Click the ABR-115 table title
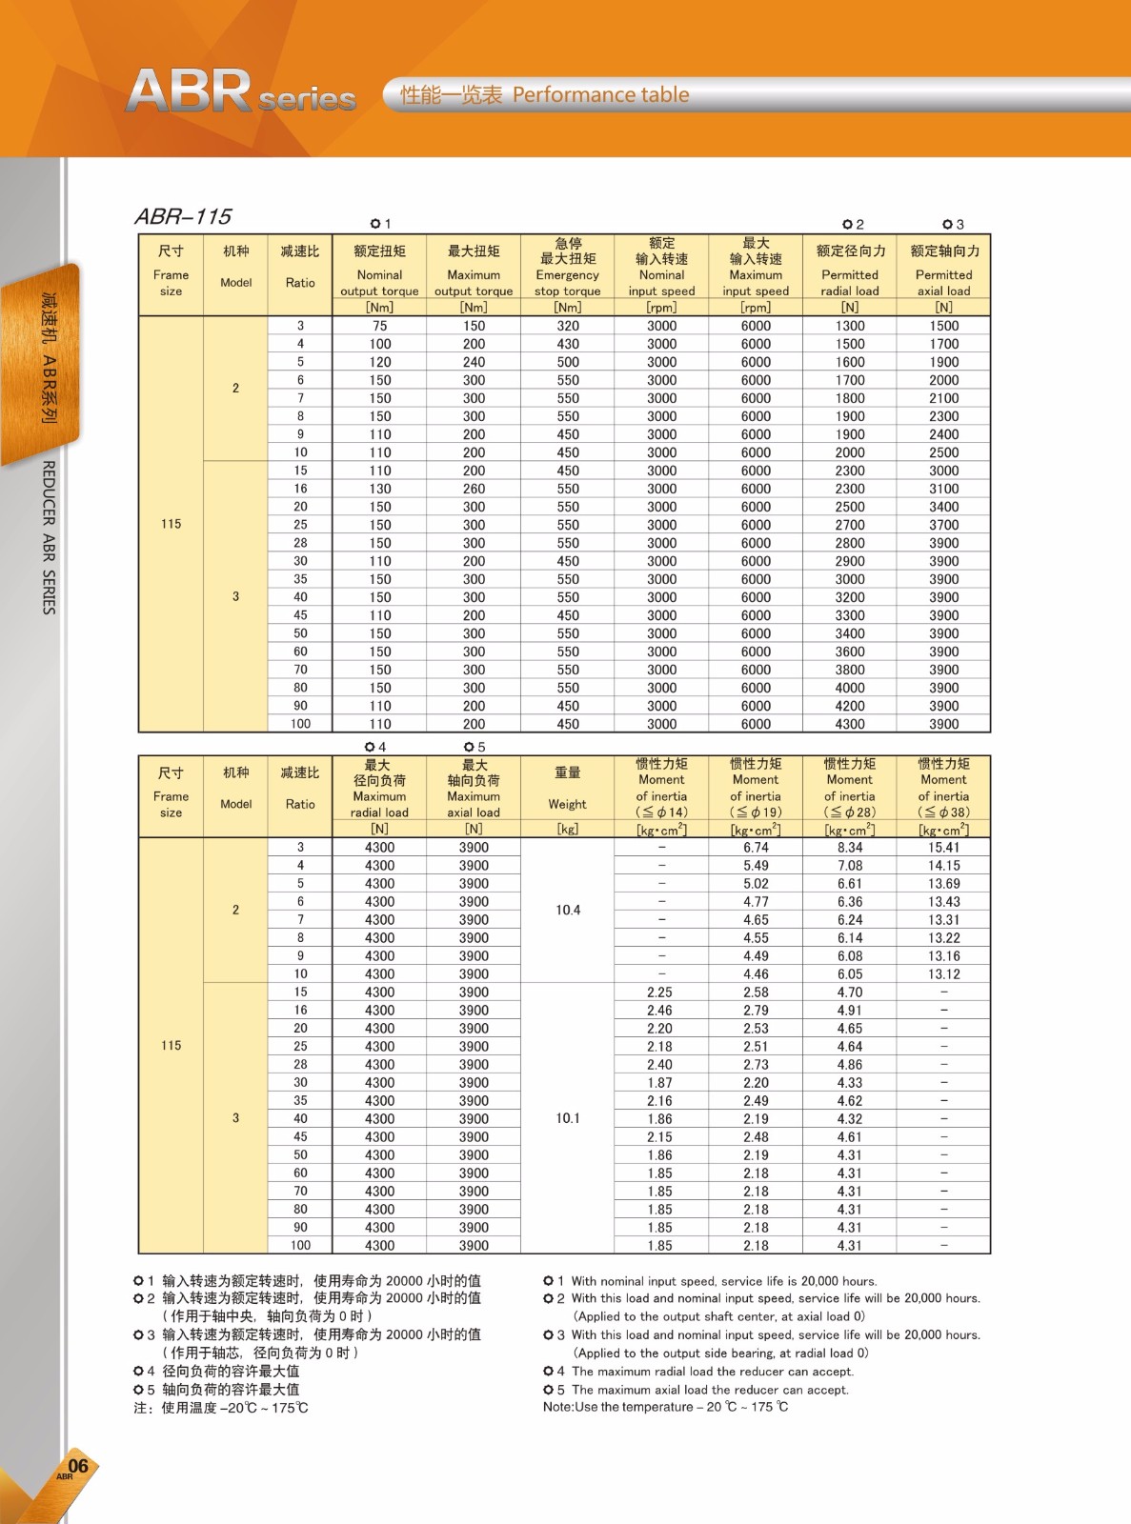coord(183,216)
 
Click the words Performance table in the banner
coord(600,95)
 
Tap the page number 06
coord(78,1466)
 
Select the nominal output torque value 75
coord(379,326)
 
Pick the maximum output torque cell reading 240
coord(474,362)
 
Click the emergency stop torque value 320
coord(568,326)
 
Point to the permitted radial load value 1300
coord(850,326)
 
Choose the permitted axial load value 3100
coord(943,489)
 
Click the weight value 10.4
coord(568,910)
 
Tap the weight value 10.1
coord(568,1118)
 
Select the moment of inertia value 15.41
coord(943,848)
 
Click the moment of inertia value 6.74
coord(756,848)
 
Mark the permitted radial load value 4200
coord(850,706)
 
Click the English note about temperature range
coord(666,1407)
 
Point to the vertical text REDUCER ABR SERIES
coord(49,537)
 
